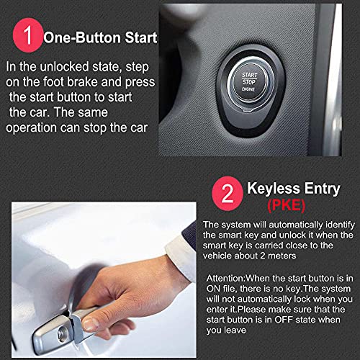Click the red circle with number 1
[28, 37]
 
